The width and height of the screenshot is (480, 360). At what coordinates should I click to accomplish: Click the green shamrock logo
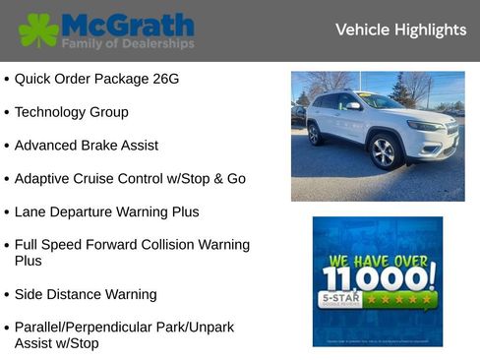click(x=38, y=30)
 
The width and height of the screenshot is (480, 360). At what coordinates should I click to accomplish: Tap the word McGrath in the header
click(x=128, y=25)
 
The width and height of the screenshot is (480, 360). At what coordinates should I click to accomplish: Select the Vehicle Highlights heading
click(x=400, y=30)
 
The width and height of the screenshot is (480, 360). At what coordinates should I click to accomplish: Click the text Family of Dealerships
click(x=128, y=44)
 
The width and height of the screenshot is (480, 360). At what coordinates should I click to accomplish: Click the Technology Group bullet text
click(x=71, y=112)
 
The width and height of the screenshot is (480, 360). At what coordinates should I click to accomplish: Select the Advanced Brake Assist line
click(x=86, y=146)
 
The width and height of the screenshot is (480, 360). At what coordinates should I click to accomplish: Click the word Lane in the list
click(x=31, y=211)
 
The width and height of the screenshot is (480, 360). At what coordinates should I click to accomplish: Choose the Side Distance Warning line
click(x=85, y=294)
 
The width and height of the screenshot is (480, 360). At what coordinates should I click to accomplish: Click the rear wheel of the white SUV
click(x=315, y=135)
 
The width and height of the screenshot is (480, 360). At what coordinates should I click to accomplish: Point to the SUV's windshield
click(x=380, y=100)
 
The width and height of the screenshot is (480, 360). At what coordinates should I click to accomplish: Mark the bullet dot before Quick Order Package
click(x=7, y=79)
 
